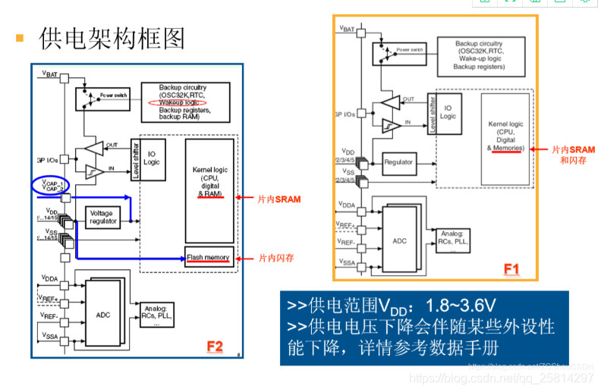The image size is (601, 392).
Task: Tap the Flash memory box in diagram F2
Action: pyautogui.click(x=209, y=258)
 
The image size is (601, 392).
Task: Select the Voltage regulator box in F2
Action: pyautogui.click(x=102, y=218)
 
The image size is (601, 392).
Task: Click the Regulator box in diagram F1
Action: pyautogui.click(x=399, y=162)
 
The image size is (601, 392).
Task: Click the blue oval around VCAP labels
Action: pyautogui.click(x=49, y=184)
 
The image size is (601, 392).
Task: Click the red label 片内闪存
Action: pyautogui.click(x=276, y=258)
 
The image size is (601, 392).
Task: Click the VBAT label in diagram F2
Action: pyautogui.click(x=51, y=74)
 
